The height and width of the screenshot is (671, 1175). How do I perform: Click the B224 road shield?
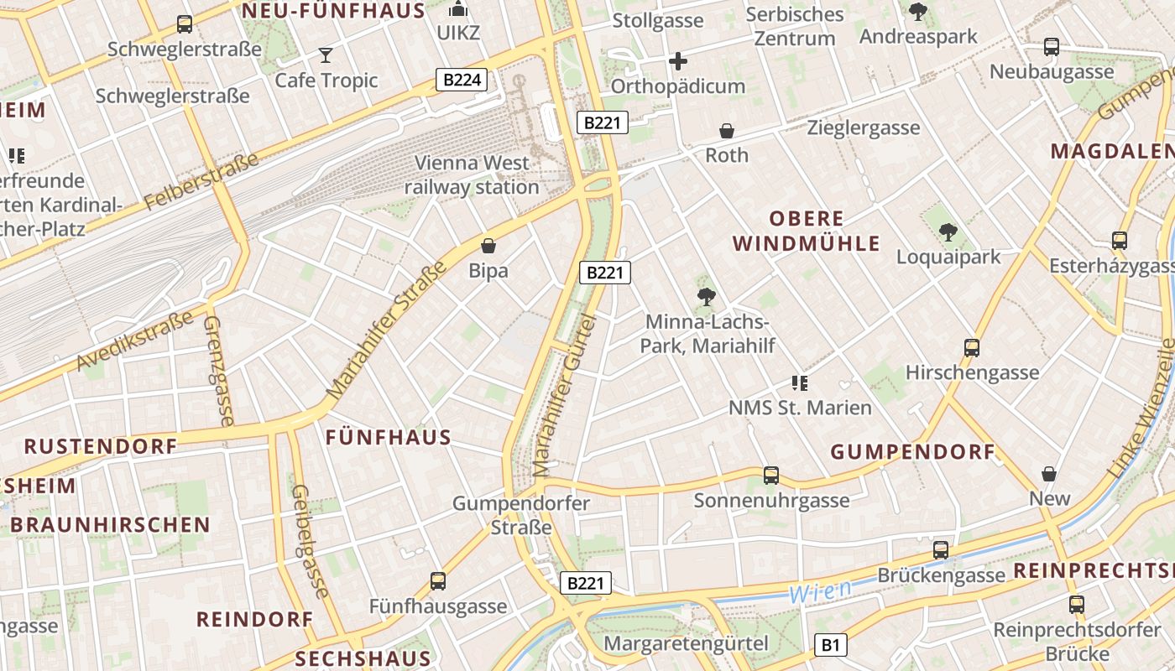click(x=462, y=80)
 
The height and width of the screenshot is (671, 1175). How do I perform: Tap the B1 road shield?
click(x=830, y=645)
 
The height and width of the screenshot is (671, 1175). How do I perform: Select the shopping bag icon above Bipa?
click(x=488, y=246)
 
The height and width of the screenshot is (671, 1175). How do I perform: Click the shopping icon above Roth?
click(x=727, y=131)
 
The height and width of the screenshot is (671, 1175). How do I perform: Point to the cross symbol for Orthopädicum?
click(x=678, y=61)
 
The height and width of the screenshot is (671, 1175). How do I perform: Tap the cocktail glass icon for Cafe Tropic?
click(x=326, y=56)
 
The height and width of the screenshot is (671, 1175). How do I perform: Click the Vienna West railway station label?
click(x=472, y=174)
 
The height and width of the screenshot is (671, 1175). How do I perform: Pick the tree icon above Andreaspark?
click(x=918, y=12)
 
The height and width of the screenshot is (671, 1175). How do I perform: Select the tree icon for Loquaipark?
click(x=948, y=232)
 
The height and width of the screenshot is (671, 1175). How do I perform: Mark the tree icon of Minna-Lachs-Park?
click(x=706, y=296)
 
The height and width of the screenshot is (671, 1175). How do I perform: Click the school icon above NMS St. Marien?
click(x=800, y=383)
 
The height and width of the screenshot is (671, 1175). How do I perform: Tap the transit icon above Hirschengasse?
click(x=972, y=347)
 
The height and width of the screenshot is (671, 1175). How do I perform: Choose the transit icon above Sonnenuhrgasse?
click(x=771, y=476)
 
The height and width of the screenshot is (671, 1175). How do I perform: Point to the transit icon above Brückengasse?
click(x=941, y=550)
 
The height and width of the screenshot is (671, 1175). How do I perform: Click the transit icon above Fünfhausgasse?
click(x=437, y=580)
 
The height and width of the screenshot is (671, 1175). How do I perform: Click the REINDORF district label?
click(x=254, y=620)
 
